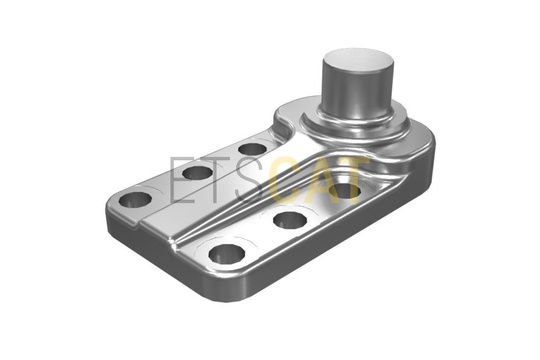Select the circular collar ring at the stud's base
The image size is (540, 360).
(356, 127)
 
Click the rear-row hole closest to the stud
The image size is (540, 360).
(253, 150)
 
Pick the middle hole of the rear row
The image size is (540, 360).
(197, 173)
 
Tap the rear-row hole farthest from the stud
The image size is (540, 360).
(135, 200)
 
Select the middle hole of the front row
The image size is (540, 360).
(290, 219)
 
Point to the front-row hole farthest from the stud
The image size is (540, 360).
(227, 254)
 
